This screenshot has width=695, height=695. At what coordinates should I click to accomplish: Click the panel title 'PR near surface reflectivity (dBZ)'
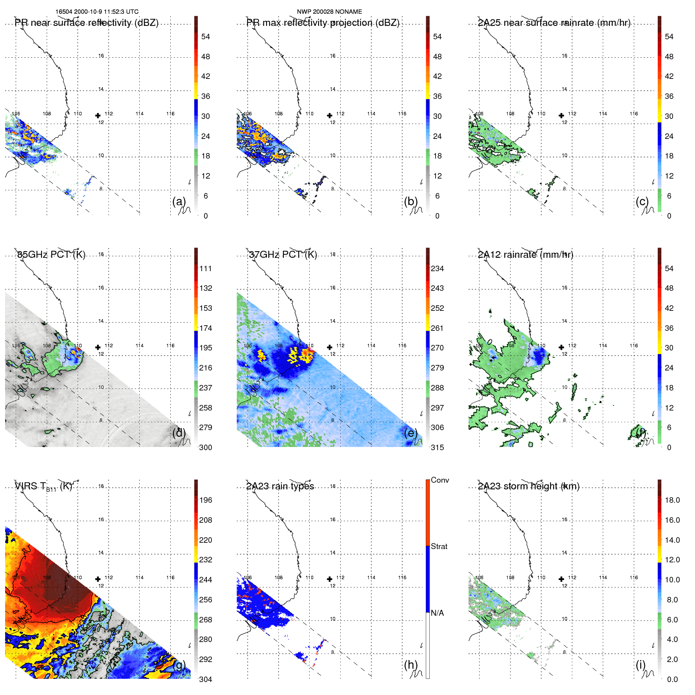coord(86,23)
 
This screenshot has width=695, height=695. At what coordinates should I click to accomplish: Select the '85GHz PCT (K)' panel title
coord(51,255)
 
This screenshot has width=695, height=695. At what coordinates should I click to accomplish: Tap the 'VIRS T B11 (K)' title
coord(43,487)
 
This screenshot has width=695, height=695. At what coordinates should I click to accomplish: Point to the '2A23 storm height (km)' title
coord(529,487)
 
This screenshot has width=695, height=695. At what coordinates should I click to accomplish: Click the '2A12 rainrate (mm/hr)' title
coord(525,255)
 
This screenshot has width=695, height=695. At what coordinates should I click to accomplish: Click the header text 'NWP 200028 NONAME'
coord(329,12)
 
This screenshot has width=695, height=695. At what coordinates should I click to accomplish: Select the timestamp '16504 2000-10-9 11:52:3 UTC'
coord(97,12)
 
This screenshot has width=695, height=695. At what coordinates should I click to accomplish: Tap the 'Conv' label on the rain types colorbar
coord(440,480)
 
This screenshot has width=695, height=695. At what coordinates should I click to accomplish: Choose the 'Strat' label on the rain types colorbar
coord(439,546)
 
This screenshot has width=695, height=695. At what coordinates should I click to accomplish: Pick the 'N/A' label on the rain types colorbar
coord(437,613)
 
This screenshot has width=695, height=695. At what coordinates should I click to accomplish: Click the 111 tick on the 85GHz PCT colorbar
coord(206,269)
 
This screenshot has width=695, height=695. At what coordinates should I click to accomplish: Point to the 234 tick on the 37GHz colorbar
coord(437,269)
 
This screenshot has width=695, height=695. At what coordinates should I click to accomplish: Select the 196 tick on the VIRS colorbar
coord(206,500)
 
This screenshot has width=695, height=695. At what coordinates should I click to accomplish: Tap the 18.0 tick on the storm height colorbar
coord(672,500)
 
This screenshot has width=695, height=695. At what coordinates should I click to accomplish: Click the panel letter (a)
coord(179,201)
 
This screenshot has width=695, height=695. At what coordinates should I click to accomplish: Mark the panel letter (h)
coord(410,665)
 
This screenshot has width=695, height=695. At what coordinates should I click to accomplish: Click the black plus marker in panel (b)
coord(330,115)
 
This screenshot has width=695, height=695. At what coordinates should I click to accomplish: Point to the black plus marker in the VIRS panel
coord(98,579)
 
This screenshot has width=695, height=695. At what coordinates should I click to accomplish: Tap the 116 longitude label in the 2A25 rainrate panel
coord(634,114)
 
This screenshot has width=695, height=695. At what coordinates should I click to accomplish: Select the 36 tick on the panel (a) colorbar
coord(206,96)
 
